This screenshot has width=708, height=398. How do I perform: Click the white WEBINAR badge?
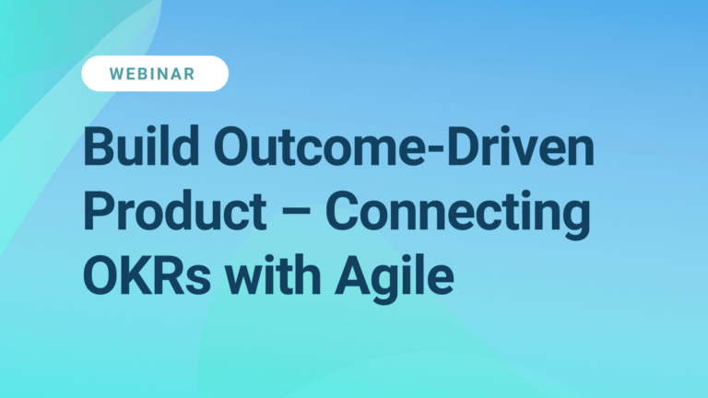click(155, 74)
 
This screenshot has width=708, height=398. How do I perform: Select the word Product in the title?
click(165, 212)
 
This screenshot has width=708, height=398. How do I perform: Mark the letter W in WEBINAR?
click(117, 74)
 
